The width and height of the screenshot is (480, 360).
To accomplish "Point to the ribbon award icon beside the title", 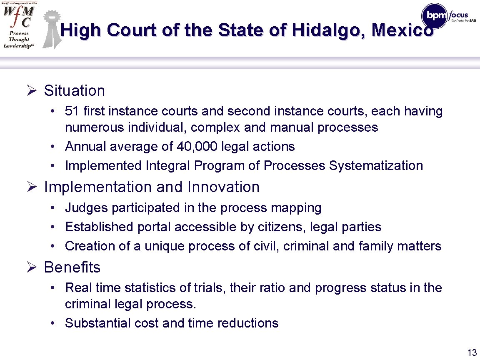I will [x=51, y=28].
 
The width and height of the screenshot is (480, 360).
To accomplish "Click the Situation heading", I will [x=74, y=90].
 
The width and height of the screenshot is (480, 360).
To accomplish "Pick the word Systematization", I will [x=376, y=165].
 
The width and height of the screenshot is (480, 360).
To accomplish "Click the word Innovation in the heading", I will [x=223, y=187].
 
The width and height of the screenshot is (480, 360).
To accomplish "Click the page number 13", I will [x=472, y=352].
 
